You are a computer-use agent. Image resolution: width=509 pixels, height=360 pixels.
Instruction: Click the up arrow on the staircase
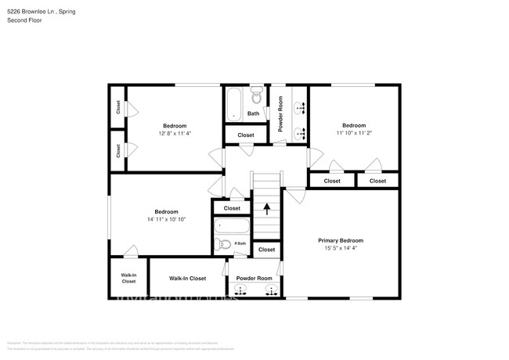(x=267, y=209)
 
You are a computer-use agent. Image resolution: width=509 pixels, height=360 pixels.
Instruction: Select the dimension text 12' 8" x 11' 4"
(x=175, y=134)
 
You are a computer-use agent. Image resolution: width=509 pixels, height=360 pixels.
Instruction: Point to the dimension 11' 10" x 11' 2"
(x=353, y=133)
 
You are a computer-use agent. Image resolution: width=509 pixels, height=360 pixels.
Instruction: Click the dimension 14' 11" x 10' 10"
(x=165, y=220)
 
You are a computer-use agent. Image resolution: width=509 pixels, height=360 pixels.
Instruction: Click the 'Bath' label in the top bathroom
(x=253, y=113)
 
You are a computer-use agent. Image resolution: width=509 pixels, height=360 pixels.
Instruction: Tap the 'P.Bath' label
(x=240, y=243)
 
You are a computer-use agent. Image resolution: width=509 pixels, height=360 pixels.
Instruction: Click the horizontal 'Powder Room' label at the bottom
(x=254, y=279)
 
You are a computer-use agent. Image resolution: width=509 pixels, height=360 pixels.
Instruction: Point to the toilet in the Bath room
(x=256, y=96)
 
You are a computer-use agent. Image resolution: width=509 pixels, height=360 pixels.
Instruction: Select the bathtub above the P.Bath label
(x=232, y=228)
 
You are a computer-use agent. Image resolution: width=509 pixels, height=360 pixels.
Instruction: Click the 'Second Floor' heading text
(x=24, y=20)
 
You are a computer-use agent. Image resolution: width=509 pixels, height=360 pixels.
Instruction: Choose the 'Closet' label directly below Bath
(x=246, y=135)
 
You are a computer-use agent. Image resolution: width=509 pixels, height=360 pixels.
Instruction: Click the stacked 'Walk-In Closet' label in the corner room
(x=128, y=278)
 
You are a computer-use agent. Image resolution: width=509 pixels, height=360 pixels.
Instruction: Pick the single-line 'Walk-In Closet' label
(x=187, y=278)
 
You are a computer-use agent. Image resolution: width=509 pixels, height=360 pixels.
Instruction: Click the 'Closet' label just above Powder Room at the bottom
(x=266, y=250)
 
